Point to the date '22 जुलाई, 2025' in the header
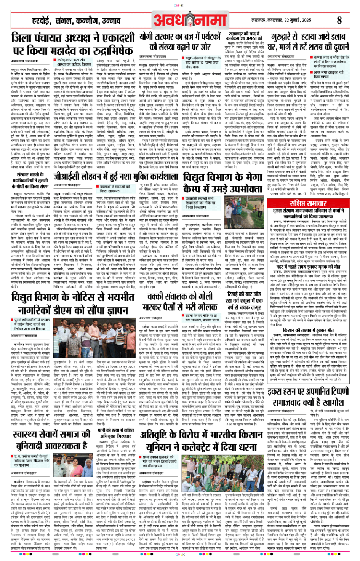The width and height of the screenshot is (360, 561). coord(299,20)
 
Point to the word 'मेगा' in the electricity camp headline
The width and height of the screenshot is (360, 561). coord(252,177)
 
